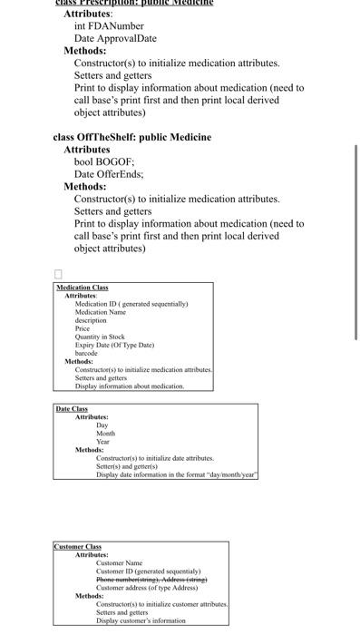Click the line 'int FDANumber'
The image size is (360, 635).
[x=109, y=27]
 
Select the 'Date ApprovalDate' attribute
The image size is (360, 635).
[x=115, y=39]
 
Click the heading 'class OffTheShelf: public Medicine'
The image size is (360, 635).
[x=131, y=137]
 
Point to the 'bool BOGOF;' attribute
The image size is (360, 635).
[x=104, y=161]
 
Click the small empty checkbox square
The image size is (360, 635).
[x=59, y=273]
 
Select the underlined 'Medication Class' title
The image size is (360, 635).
[x=83, y=288]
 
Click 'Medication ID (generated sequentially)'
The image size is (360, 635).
[x=131, y=304]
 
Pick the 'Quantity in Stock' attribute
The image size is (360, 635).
[x=100, y=337]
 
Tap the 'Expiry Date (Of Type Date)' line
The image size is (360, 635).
[x=114, y=345]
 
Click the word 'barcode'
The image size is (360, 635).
[x=86, y=353]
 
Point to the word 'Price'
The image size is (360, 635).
[x=82, y=328]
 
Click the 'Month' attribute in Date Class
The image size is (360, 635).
[x=105, y=434]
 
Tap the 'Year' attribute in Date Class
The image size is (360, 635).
[x=103, y=442]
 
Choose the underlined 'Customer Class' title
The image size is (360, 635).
[x=78, y=546]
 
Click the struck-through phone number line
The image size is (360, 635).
[x=151, y=579]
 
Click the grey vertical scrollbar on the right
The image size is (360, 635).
[x=356, y=240]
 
